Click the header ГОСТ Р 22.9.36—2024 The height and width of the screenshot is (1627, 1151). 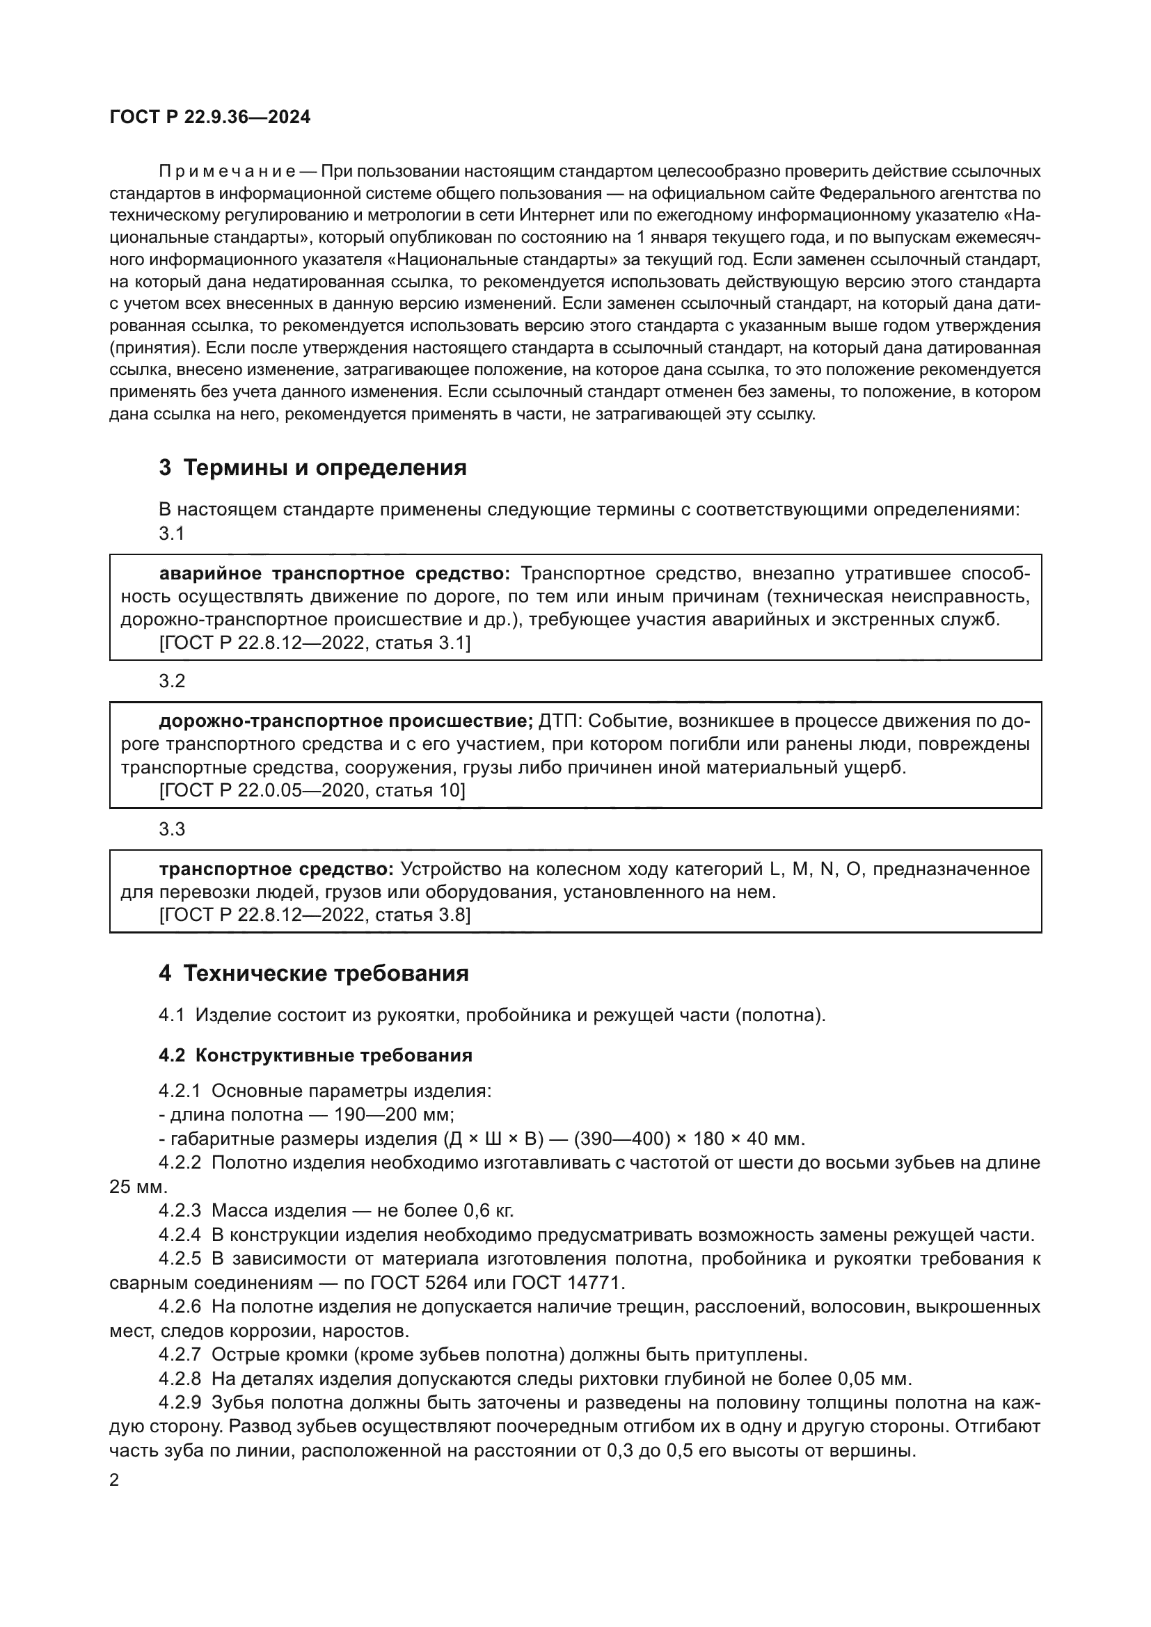coord(209,118)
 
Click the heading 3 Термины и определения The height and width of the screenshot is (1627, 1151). coord(312,467)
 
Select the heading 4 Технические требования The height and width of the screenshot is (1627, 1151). coord(313,973)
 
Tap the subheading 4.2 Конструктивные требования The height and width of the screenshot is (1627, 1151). coord(315,1055)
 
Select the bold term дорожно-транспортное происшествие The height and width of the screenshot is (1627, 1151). coord(345,721)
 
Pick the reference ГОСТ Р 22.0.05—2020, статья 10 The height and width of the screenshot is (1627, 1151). coord(312,790)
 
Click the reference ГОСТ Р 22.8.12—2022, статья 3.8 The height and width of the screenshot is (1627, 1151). coord(315,915)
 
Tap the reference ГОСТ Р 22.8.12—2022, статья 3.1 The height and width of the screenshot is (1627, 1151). coord(315,643)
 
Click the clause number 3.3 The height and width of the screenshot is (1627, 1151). coord(171,829)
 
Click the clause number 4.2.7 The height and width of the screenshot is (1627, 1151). coord(180,1355)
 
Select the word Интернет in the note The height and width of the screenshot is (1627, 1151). coord(557,216)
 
